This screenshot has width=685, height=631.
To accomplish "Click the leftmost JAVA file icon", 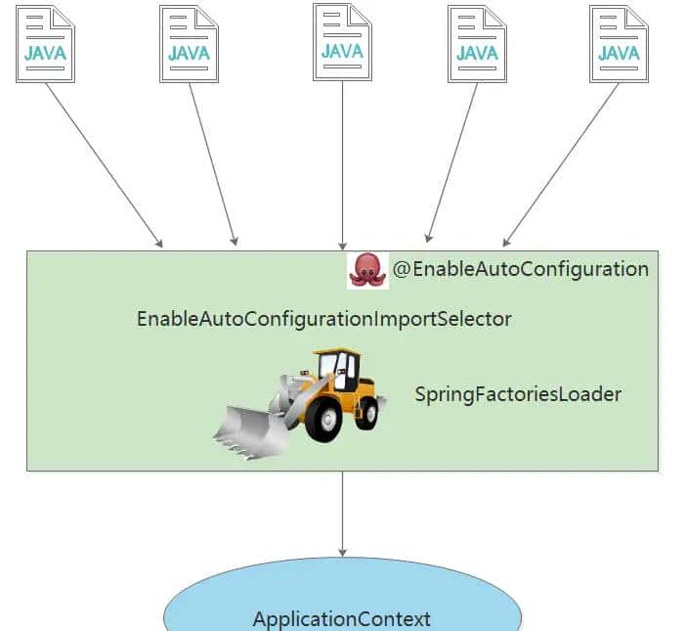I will coord(46,44).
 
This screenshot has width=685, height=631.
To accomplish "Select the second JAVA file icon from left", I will coord(189,44).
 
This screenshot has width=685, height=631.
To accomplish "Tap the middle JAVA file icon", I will coord(342,42).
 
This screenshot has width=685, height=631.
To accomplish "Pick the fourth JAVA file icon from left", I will coord(477,44).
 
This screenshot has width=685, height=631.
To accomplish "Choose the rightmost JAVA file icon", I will coord(619,44).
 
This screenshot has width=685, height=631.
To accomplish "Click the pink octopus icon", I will coord(367,269).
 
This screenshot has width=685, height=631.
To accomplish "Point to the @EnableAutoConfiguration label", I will coord(521,269).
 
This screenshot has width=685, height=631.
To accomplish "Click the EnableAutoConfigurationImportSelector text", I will coord(323,319).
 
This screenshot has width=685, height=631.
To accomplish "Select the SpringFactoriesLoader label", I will coord(518,395).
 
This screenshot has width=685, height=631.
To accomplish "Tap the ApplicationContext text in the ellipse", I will coord(341,618).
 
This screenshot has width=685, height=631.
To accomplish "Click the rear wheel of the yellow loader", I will coord(367,412).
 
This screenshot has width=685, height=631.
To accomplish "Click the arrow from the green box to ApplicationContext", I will coord(342,514).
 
